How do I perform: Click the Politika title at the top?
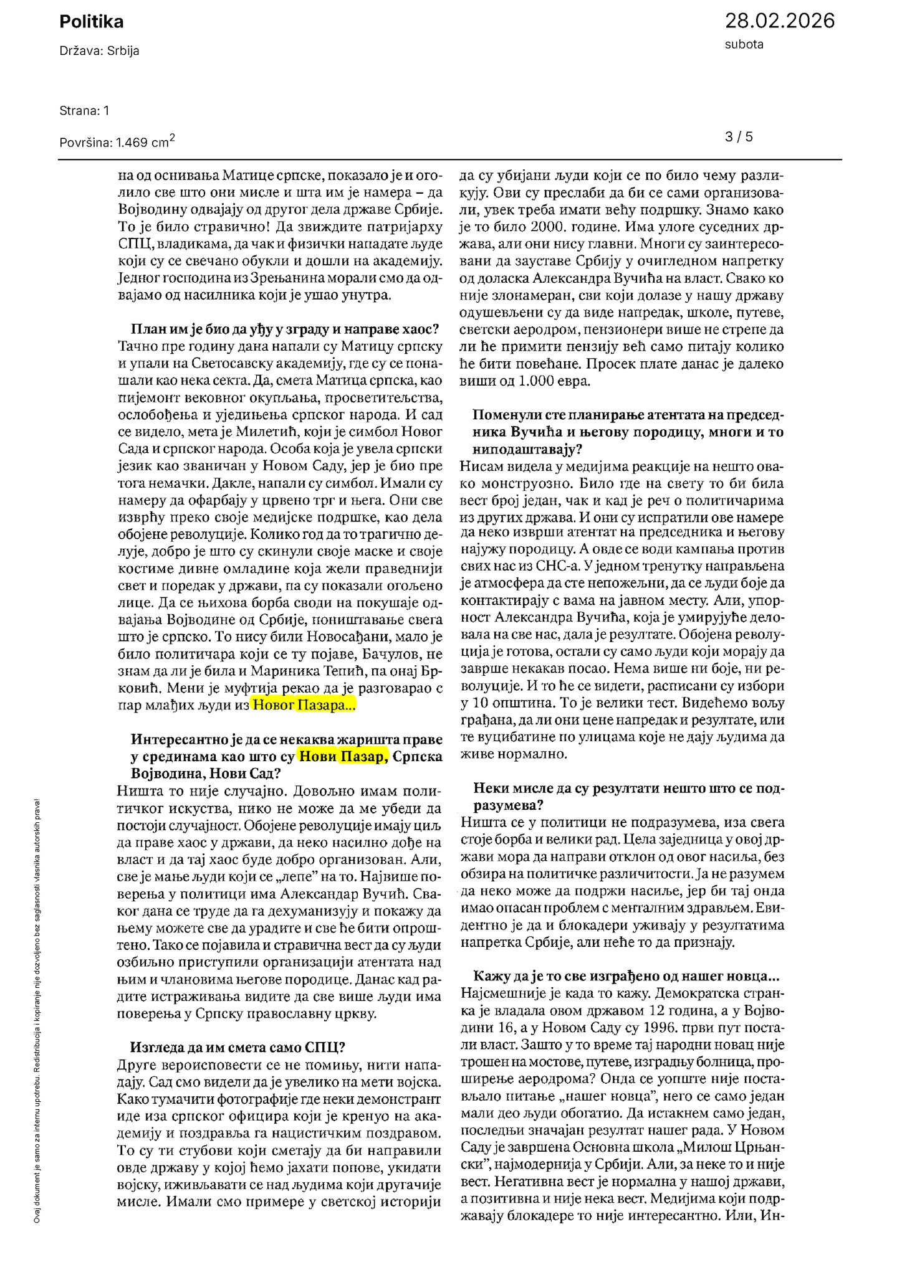tap(91, 22)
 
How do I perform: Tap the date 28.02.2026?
tap(779, 21)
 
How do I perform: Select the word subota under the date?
tap(744, 45)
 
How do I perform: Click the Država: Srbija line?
tap(99, 51)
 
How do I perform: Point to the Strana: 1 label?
tap(84, 111)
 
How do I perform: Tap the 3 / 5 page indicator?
tap(739, 136)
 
